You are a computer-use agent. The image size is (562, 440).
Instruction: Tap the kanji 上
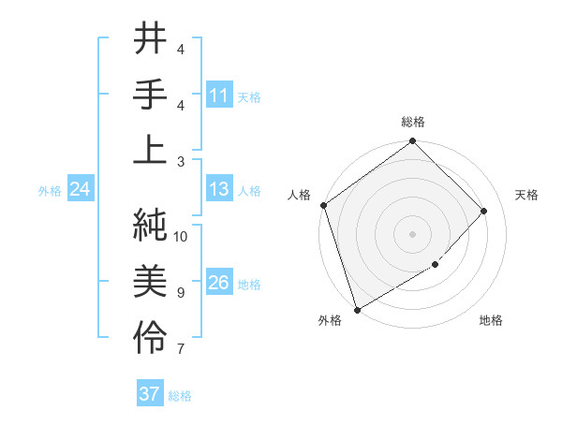coord(151,151)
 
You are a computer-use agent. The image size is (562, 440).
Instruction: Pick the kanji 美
coord(151,280)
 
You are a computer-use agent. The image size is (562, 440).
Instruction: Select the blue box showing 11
coord(219,95)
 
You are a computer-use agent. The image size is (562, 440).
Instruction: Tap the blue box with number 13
coord(219,189)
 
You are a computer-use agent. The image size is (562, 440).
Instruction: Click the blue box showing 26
coord(219,283)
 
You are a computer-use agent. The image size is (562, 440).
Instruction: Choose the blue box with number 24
coord(81,190)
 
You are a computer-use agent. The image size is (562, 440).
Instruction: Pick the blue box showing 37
coord(150,394)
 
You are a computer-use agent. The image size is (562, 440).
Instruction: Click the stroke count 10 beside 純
coord(182,237)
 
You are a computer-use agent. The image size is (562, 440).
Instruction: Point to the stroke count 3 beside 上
coord(182,162)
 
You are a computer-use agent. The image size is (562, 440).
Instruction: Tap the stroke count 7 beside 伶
coord(182,349)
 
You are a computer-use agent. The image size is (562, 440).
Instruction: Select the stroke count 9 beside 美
coord(182,293)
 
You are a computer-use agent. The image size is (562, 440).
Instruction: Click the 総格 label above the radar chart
coord(413,122)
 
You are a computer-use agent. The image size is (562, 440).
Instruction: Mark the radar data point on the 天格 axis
coord(484,211)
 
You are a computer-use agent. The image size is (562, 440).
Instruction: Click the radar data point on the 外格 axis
coord(357,310)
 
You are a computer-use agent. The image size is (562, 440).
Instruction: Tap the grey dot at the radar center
coord(413,234)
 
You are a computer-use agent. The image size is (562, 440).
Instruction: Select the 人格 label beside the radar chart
coord(299,195)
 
